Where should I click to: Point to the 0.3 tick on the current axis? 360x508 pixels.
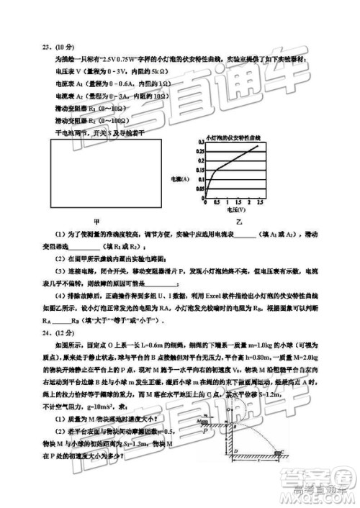(x=199, y=145)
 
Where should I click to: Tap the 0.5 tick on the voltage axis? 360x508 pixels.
(x=217, y=204)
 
